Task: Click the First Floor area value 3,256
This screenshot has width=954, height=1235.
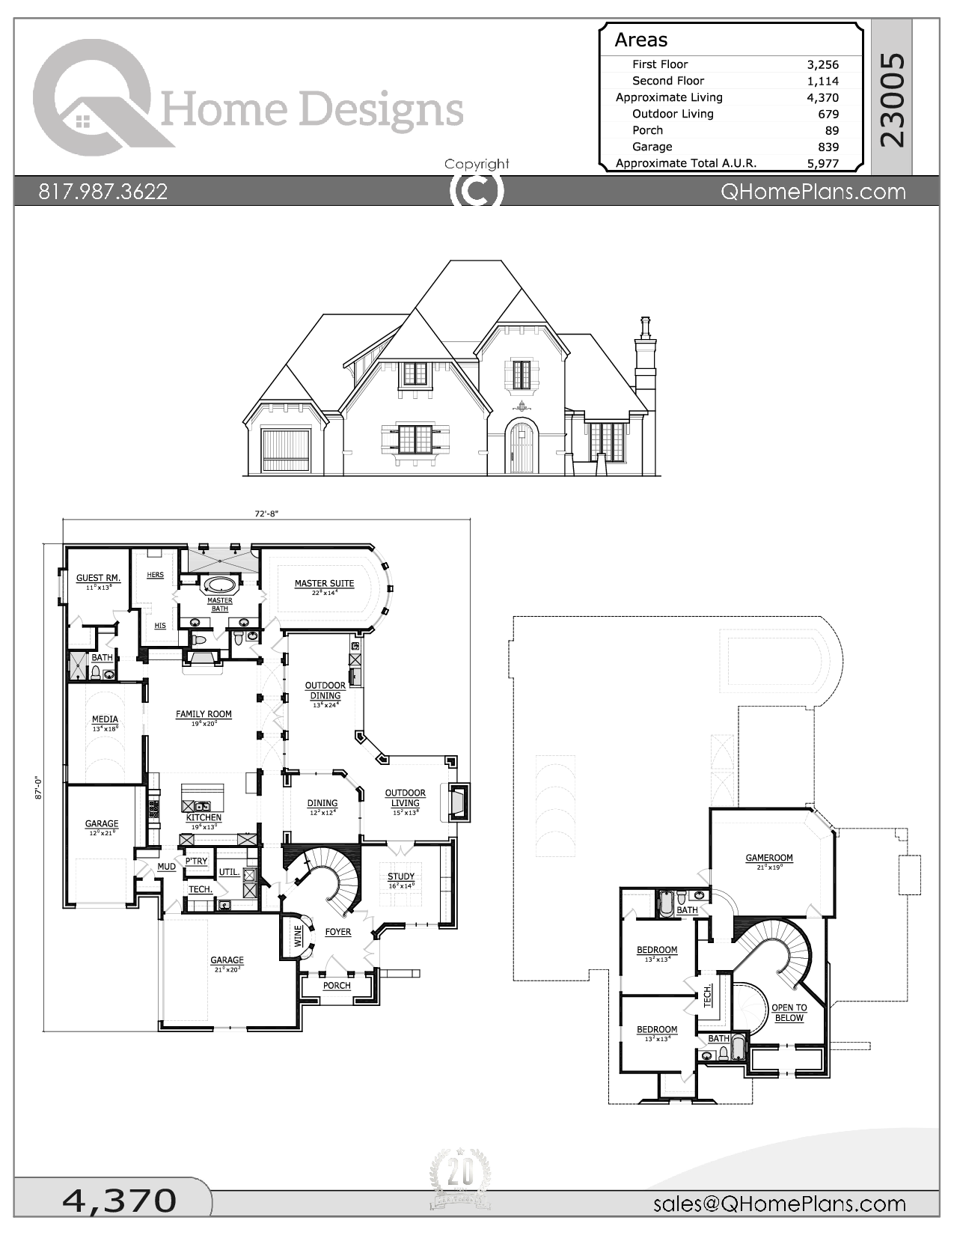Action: [x=822, y=65]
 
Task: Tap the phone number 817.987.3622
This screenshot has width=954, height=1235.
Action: [x=103, y=192]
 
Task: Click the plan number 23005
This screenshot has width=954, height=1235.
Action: [x=893, y=100]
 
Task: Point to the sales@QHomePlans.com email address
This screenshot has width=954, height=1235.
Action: [x=779, y=1204]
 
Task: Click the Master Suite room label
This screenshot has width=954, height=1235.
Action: [x=324, y=583]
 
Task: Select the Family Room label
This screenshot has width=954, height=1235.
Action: [x=204, y=714]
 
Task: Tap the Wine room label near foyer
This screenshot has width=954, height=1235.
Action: [x=299, y=936]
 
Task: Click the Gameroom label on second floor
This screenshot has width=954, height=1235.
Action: [x=769, y=858]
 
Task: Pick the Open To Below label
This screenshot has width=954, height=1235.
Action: [x=789, y=1013]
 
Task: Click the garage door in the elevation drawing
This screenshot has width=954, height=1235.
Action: [x=286, y=450]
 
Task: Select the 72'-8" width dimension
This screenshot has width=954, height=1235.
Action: [x=266, y=513]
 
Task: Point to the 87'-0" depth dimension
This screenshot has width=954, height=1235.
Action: [x=38, y=787]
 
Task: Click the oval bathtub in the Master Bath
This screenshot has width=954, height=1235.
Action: [x=219, y=585]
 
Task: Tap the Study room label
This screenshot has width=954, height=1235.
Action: [x=401, y=876]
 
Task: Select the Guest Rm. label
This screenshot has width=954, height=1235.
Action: [x=98, y=578]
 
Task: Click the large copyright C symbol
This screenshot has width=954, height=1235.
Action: [x=476, y=190]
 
